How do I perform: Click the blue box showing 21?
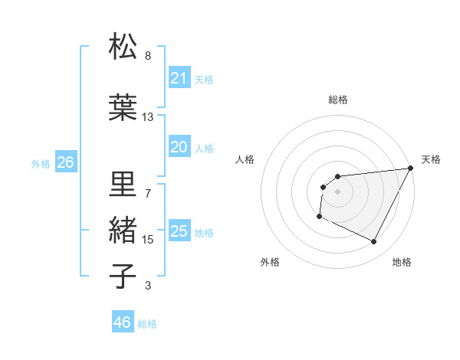(x=179, y=78)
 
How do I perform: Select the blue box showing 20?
(x=179, y=147)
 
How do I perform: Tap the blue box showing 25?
(x=179, y=231)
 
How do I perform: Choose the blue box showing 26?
(x=65, y=162)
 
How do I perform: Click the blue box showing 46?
(x=123, y=322)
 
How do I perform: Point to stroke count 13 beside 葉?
(x=148, y=117)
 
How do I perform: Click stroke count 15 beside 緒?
(x=148, y=240)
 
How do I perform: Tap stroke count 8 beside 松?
(x=148, y=56)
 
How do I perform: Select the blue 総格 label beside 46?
(x=147, y=324)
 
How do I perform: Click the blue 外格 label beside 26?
(x=41, y=163)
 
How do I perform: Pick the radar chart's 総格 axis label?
(x=337, y=100)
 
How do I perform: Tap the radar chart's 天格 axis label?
(x=431, y=159)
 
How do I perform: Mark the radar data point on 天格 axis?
(x=411, y=168)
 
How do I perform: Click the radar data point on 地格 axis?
(x=374, y=242)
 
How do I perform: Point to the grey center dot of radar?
(x=337, y=191)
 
